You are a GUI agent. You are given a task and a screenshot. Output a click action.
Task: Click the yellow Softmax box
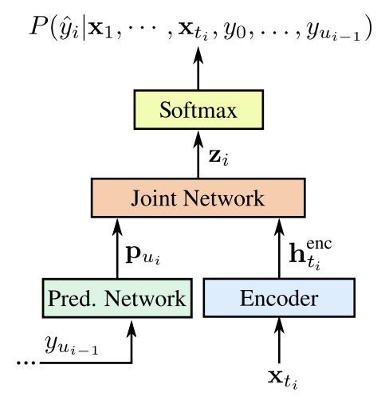198,110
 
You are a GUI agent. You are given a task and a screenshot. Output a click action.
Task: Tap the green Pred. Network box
116,299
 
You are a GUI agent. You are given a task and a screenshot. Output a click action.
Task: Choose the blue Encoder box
278,299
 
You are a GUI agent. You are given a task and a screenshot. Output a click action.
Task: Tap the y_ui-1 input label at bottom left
73,344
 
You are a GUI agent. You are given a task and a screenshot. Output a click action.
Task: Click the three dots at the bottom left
27,363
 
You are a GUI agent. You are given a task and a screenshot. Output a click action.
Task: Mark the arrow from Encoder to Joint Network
278,249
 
